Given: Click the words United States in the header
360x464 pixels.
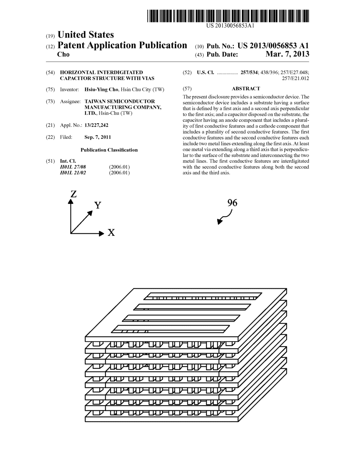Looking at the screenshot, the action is pyautogui.click(x=85, y=35).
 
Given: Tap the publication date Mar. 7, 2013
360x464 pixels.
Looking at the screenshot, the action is pyautogui.click(x=287, y=54).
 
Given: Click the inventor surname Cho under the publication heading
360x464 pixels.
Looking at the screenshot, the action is pyautogui.click(x=63, y=54).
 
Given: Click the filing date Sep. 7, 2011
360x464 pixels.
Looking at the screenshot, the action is pyautogui.click(x=98, y=137).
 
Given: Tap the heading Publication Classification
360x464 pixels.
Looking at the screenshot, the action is pyautogui.click(x=109, y=150).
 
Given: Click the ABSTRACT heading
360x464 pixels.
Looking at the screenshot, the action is pyautogui.click(x=246, y=89).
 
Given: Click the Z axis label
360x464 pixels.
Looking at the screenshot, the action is pyautogui.click(x=73, y=194).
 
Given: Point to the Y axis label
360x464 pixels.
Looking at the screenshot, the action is pyautogui.click(x=98, y=205).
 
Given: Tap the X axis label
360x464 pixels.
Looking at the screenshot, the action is pyautogui.click(x=111, y=233).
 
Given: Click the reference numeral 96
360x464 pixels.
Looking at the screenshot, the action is pyautogui.click(x=232, y=203).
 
